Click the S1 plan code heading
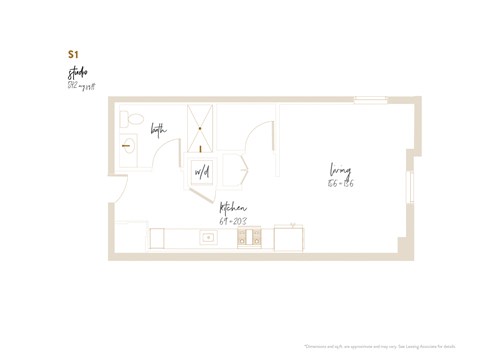pyautogui.click(x=73, y=54)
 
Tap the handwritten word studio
pyautogui.click(x=77, y=73)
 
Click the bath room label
pyautogui.click(x=159, y=130)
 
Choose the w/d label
pyautogui.click(x=202, y=173)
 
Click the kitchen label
pyautogui.click(x=233, y=208)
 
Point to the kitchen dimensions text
pyautogui.click(x=233, y=220)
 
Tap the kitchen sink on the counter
pyautogui.click(x=209, y=238)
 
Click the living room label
pyautogui.click(x=340, y=169)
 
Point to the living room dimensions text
pyautogui.click(x=340, y=183)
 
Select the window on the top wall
pyautogui.click(x=370, y=99)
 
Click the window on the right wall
pyautogui.click(x=409, y=188)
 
